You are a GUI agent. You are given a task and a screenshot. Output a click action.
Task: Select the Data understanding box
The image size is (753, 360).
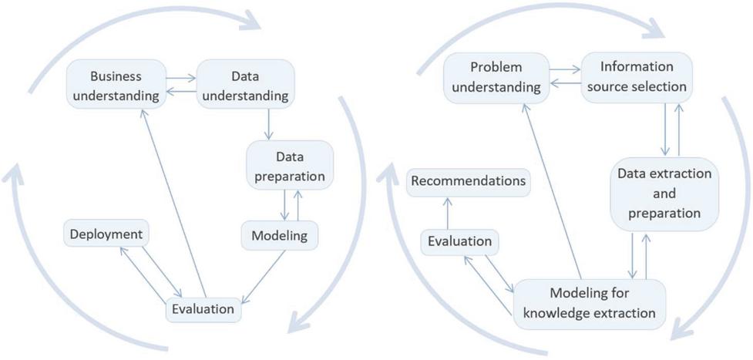click(x=244, y=86)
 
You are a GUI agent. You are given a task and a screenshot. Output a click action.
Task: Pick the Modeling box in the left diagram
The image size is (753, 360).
click(x=280, y=236)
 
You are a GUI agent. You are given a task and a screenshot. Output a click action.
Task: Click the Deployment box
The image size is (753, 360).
click(x=106, y=234)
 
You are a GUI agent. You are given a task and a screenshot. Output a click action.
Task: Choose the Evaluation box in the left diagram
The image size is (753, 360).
click(x=203, y=309)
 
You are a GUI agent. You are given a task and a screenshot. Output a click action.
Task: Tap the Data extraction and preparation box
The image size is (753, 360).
click(x=664, y=193)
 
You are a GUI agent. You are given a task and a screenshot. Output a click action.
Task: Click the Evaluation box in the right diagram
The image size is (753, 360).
click(x=459, y=241)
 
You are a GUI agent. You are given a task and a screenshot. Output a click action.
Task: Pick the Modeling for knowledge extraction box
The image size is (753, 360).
click(x=590, y=303)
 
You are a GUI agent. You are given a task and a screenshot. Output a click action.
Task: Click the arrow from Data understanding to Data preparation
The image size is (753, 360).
click(x=267, y=124)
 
